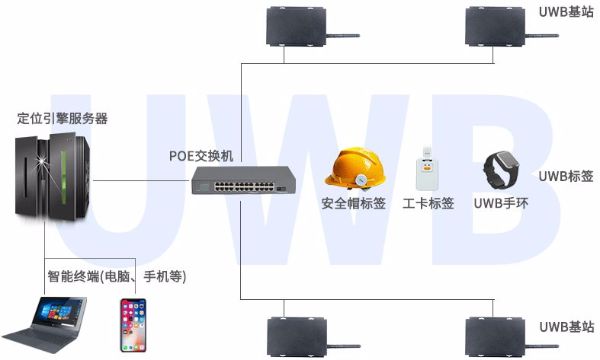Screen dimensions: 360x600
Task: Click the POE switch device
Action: tap(245, 181)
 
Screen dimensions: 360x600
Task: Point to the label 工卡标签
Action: tap(428, 204)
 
